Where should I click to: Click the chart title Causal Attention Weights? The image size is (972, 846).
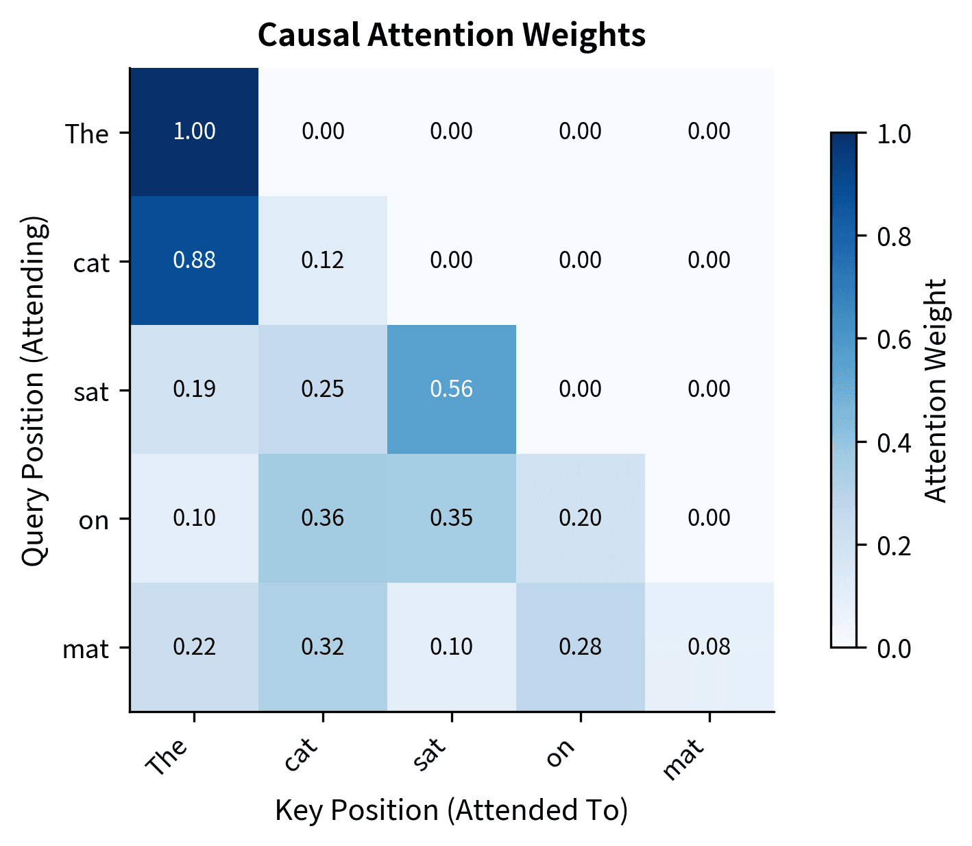pos(452,35)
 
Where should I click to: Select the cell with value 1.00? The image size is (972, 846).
pos(194,132)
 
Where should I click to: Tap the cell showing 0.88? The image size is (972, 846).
pos(194,261)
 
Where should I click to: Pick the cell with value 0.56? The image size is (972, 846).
pos(452,389)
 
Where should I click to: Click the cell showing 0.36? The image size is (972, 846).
pos(323,518)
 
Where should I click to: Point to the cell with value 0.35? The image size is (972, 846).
pos(452,518)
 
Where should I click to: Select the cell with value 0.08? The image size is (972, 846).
pos(709,647)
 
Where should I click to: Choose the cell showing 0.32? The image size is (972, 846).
pos(323,647)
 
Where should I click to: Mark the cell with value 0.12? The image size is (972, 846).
pos(323,261)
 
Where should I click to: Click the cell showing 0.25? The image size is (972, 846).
pos(323,389)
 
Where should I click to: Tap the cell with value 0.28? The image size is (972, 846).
pos(581,647)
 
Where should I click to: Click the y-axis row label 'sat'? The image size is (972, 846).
pos(91,392)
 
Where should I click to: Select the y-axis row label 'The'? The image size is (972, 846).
pos(87,134)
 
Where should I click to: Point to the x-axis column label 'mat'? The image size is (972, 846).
pos(684,758)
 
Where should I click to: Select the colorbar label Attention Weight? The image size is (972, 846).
pos(936,390)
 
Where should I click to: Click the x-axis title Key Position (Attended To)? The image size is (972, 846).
pos(452,810)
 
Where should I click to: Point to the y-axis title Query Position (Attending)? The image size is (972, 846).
pos(34,390)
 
